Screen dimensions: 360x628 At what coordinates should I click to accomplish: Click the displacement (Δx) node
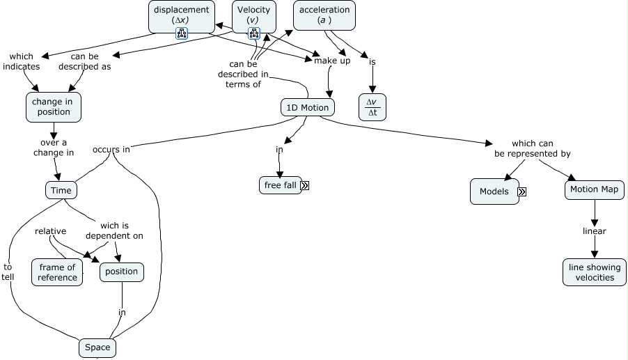pos(181,15)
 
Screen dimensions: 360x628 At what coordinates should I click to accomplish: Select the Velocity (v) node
pos(253,15)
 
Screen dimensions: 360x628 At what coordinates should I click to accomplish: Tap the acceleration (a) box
pos(324,15)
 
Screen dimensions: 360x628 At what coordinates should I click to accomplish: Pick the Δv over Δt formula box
pos(372,107)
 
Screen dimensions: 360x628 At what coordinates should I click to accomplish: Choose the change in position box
pos(52,107)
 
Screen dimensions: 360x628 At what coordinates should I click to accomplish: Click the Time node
pos(61,190)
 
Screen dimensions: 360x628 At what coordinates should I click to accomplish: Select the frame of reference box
pos(57,272)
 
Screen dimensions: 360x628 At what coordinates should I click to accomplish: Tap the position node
pos(122,272)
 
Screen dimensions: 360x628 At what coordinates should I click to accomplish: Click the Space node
pos(97,347)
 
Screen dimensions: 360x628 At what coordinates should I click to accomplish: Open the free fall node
pos(280,185)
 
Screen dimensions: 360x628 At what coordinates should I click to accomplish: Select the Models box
pos(494,191)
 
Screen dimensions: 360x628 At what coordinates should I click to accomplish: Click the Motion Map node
pos(594,189)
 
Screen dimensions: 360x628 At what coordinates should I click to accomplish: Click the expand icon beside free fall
pos(305,185)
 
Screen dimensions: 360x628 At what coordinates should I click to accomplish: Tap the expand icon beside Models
pos(521,191)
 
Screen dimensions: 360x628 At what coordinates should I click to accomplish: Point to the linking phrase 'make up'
pos(332,61)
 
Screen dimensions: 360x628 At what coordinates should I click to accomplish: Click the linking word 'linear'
pos(595,231)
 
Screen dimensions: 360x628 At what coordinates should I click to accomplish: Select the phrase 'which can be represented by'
pos(532,148)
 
